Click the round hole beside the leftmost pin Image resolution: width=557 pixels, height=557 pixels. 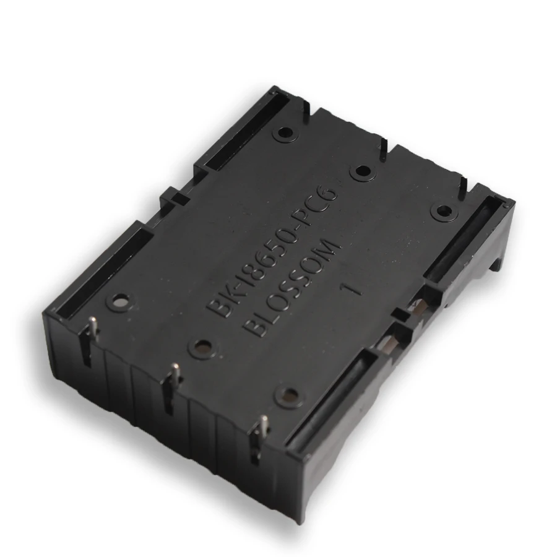click(x=118, y=302)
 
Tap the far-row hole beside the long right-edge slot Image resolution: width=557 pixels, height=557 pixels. click(x=442, y=210)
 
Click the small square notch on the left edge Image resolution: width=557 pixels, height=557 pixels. click(x=178, y=198)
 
